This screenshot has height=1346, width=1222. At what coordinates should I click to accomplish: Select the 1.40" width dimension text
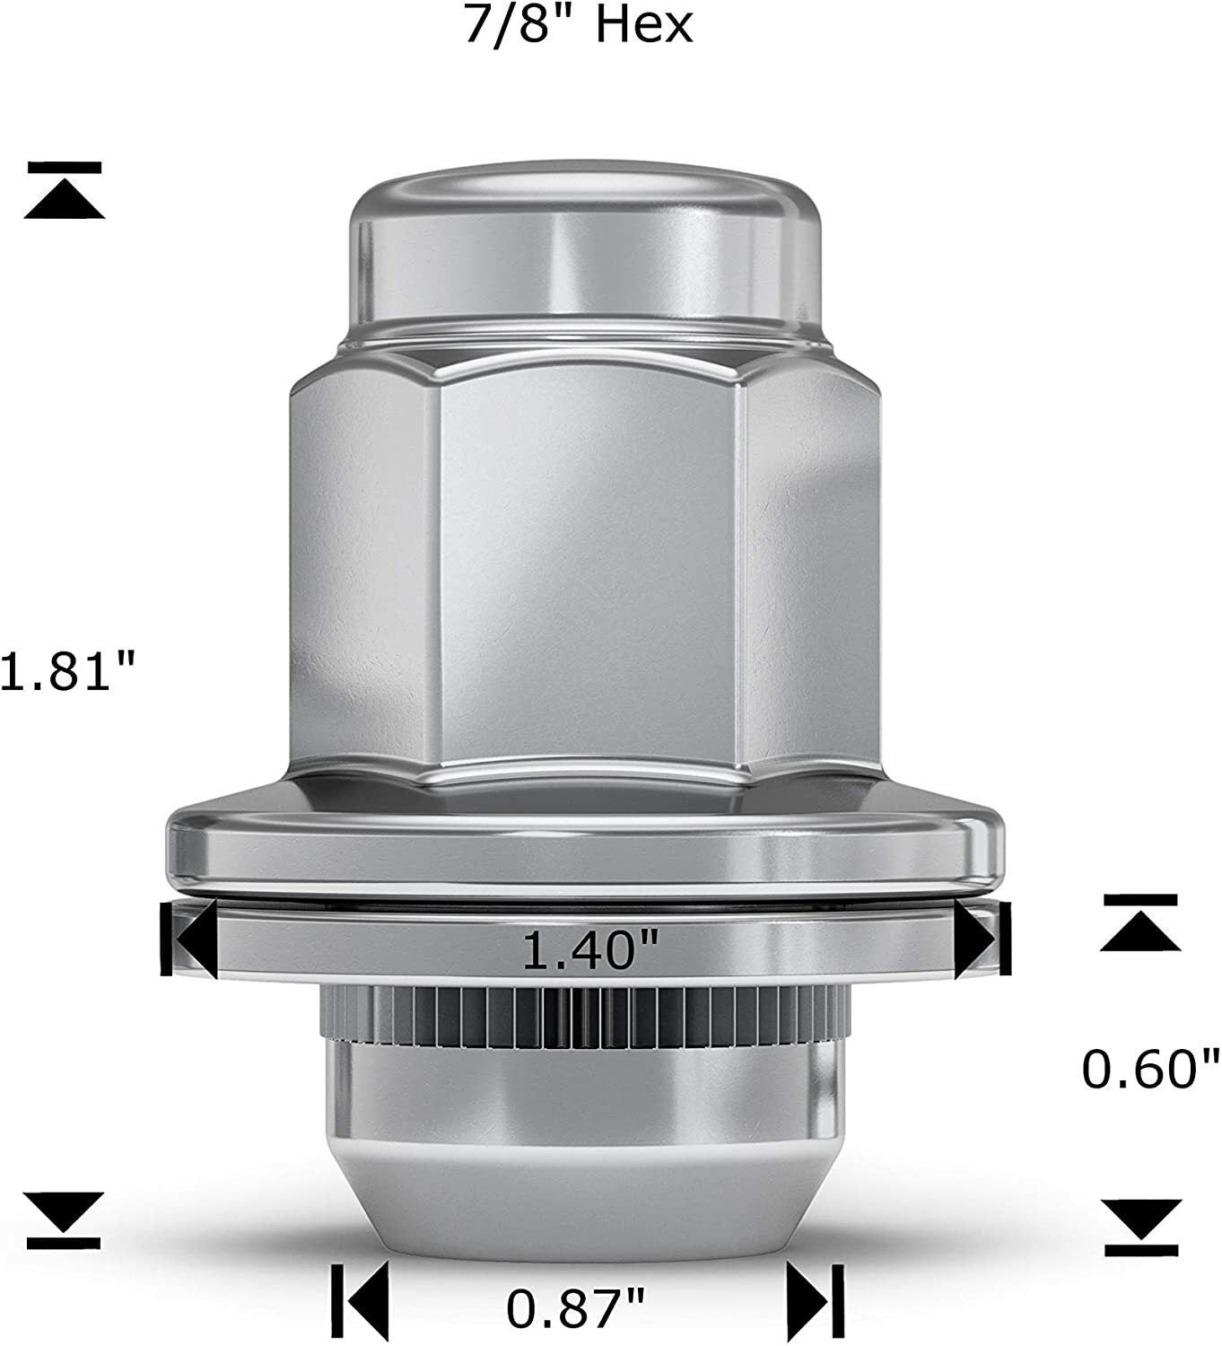590,950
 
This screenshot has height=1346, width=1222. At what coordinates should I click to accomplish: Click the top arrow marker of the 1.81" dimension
65,190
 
